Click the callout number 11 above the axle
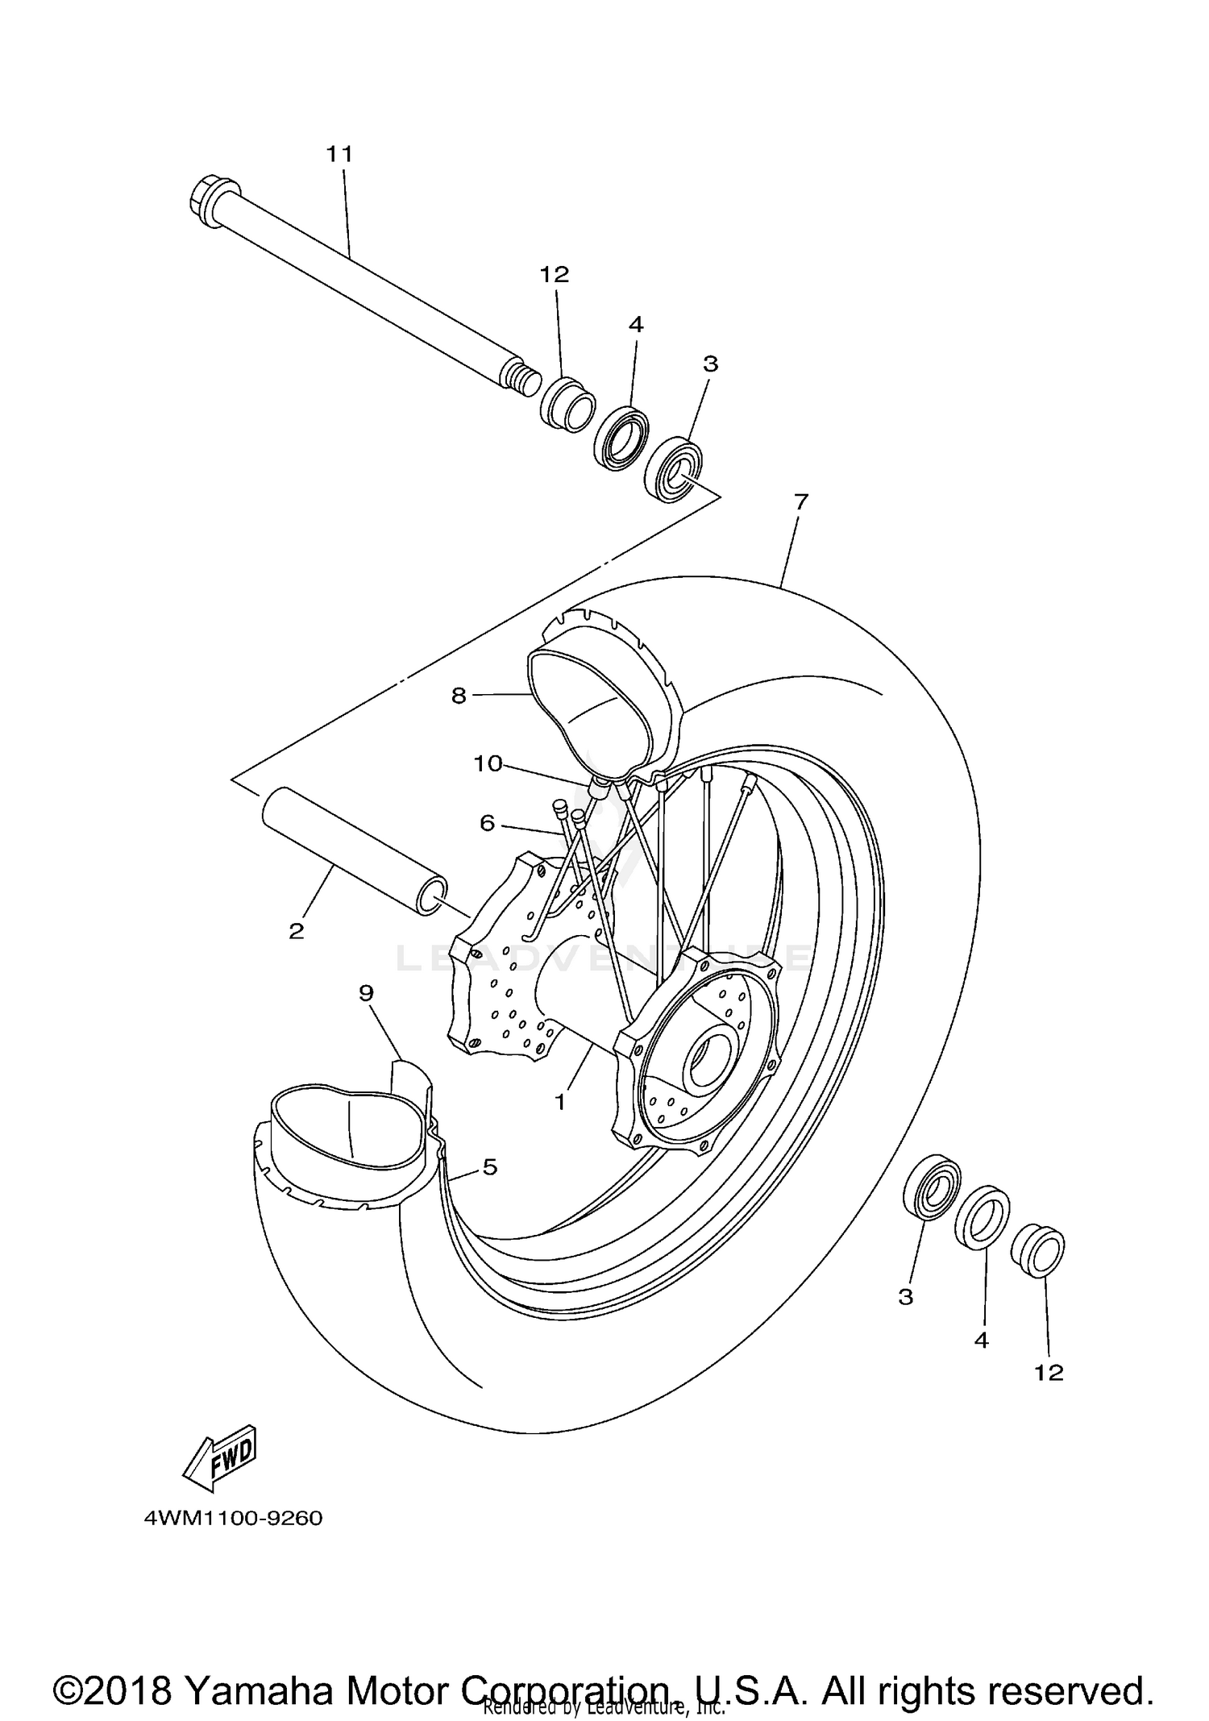[x=339, y=153]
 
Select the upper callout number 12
[x=555, y=274]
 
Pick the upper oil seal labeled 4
[x=622, y=439]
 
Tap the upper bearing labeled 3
[x=674, y=468]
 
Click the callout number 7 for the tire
[x=800, y=501]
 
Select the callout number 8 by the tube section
[x=459, y=695]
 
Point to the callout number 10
[x=488, y=763]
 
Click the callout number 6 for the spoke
[x=487, y=822]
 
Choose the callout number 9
[x=367, y=992]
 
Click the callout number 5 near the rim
[x=490, y=1166]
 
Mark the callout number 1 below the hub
[x=560, y=1101]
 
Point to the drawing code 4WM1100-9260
[x=234, y=1518]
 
